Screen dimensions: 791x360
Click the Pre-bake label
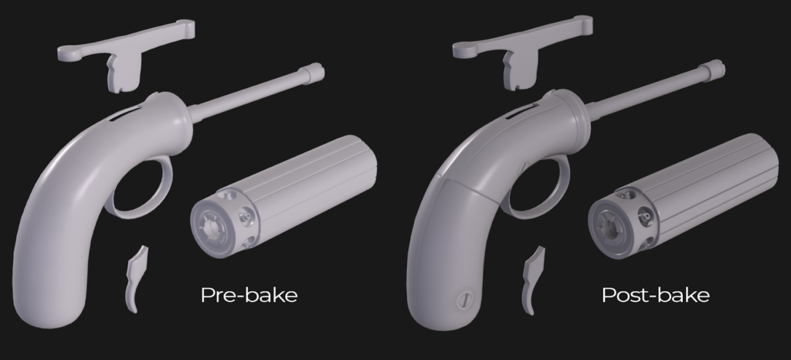click(249, 295)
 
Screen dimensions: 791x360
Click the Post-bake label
click(656, 295)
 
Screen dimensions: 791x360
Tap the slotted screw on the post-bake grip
click(463, 301)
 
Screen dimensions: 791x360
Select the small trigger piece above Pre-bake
click(136, 278)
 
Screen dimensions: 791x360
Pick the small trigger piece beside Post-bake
click(533, 280)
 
